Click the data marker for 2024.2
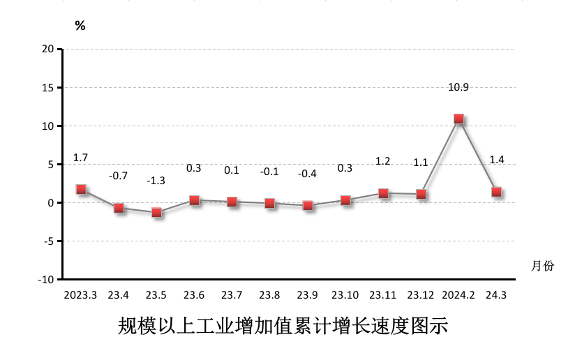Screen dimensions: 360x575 pos(458,119)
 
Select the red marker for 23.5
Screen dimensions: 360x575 pos(156,212)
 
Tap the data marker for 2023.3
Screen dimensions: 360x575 pos(81,189)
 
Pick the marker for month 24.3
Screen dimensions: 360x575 pos(497,192)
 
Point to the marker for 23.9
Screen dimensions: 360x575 pos(308,206)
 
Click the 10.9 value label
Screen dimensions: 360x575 pos(458,87)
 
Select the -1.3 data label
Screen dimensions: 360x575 pos(156,181)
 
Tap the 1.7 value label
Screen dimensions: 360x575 pos(81,158)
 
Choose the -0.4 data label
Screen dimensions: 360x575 pos(308,174)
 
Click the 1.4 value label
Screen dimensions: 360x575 pos(497,160)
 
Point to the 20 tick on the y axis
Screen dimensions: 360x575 pos(47,49)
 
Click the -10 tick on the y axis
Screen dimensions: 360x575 pos(45,279)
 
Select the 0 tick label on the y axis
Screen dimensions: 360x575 pos(51,202)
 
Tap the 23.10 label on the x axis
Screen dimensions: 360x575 pos(345,295)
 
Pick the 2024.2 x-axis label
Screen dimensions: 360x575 pos(458,295)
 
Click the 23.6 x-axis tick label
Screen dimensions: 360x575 pos(194,295)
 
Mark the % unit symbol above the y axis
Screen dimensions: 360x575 pos(80,26)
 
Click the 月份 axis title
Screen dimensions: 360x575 pos(542,266)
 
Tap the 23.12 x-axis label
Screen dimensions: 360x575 pos(421,295)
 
